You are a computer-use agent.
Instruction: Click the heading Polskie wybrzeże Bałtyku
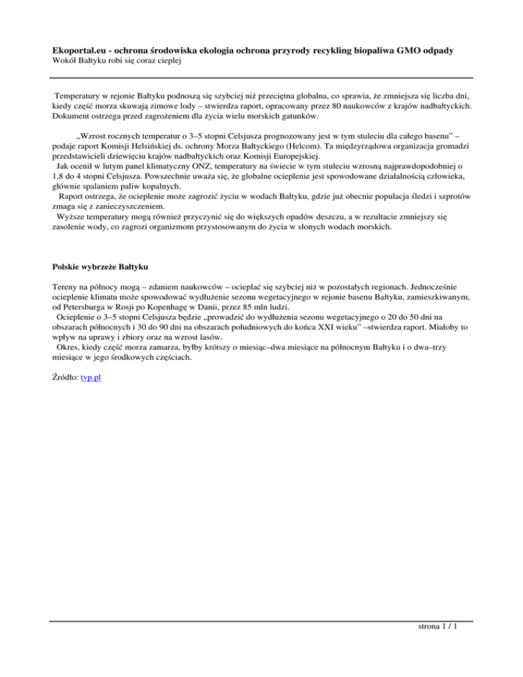click(x=100, y=264)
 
